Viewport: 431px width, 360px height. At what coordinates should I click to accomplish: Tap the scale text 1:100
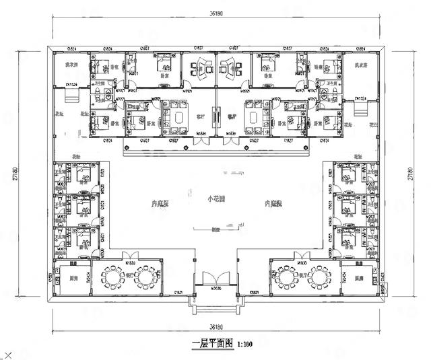(244, 343)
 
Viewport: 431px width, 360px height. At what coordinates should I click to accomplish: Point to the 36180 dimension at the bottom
(215, 324)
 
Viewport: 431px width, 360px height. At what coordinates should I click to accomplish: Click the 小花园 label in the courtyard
(215, 200)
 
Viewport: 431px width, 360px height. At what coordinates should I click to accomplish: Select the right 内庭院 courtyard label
(272, 203)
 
